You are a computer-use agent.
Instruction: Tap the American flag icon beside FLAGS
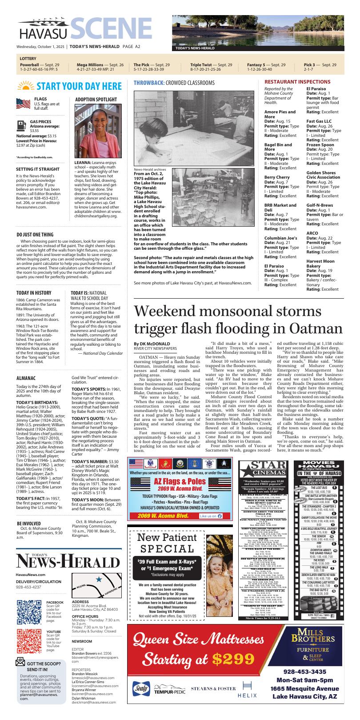point(23,104)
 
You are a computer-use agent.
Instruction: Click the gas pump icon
point(21,124)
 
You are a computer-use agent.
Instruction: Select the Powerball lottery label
point(29,65)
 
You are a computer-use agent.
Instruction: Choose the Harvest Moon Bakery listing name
point(320,264)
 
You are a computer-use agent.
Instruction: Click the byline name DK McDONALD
point(152,344)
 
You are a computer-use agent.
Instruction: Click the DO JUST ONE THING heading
point(35,234)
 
